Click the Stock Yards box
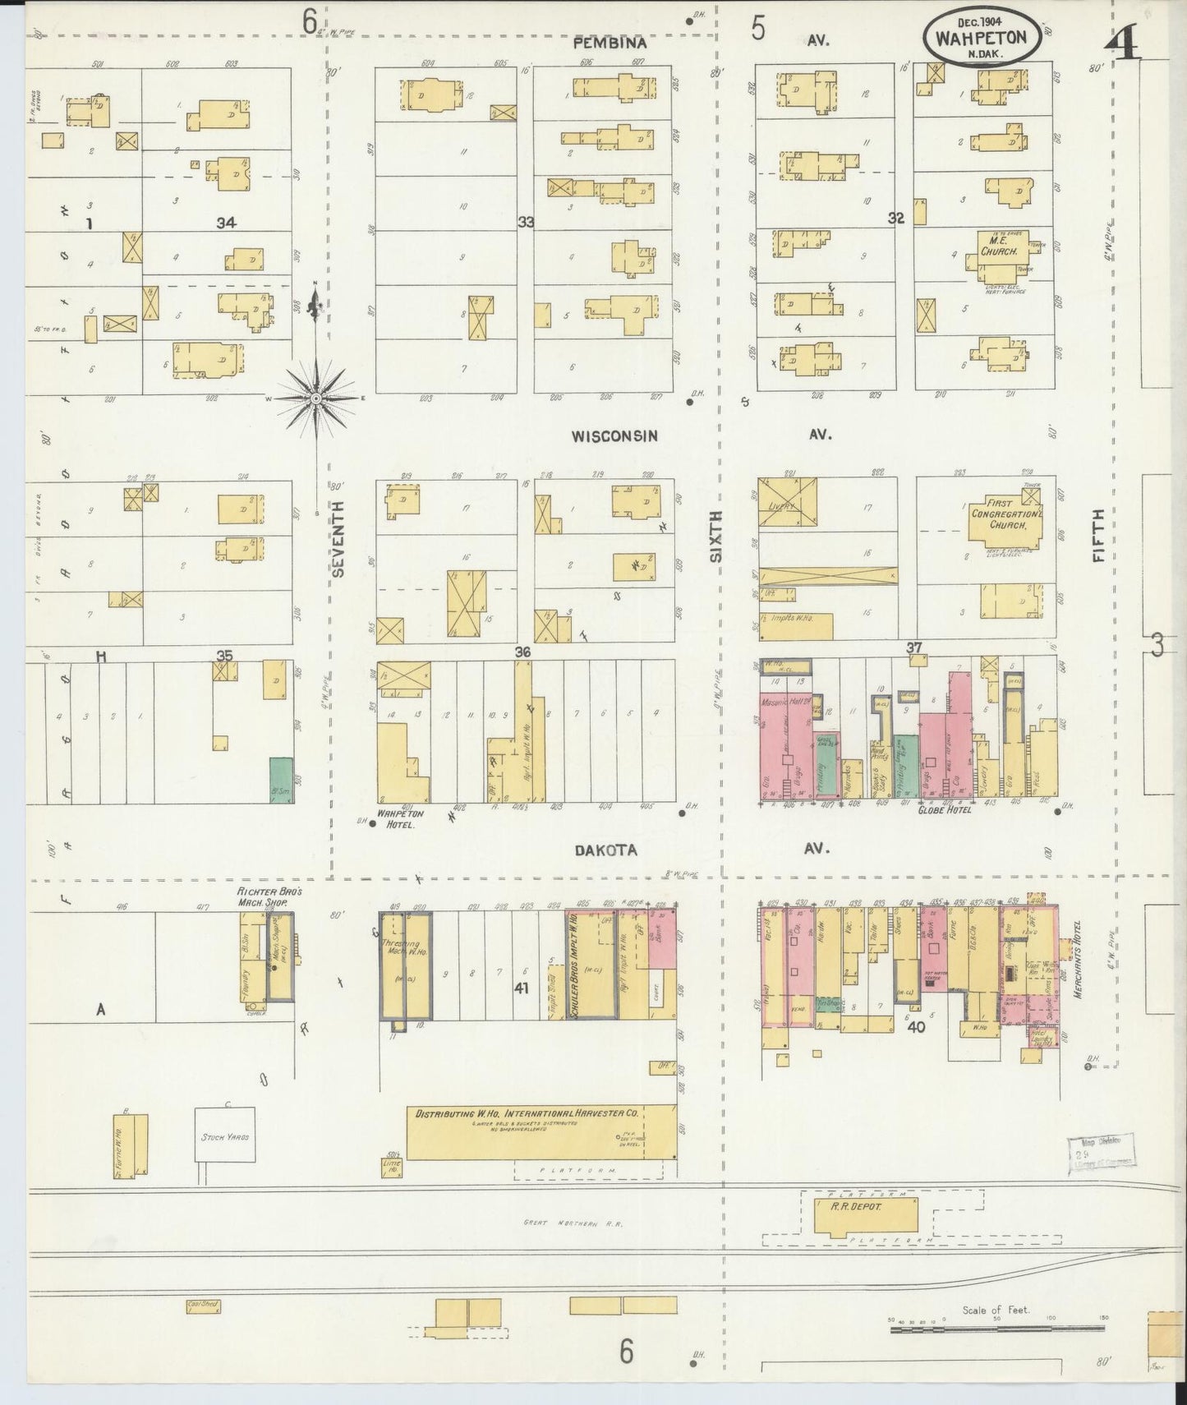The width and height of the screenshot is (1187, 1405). pyautogui.click(x=225, y=1136)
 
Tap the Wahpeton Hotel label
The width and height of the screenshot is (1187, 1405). pyautogui.click(x=400, y=818)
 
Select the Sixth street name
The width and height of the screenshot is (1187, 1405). pyautogui.click(x=715, y=536)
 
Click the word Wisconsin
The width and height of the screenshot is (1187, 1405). pyautogui.click(x=614, y=435)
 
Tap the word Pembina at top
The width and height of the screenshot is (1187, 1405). pyautogui.click(x=610, y=43)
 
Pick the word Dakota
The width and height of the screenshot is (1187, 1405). pyautogui.click(x=605, y=850)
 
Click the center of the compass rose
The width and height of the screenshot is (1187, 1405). pyautogui.click(x=315, y=398)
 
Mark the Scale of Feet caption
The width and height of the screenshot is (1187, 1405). pyautogui.click(x=996, y=1310)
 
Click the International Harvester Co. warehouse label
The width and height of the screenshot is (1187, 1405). pyautogui.click(x=526, y=1114)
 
